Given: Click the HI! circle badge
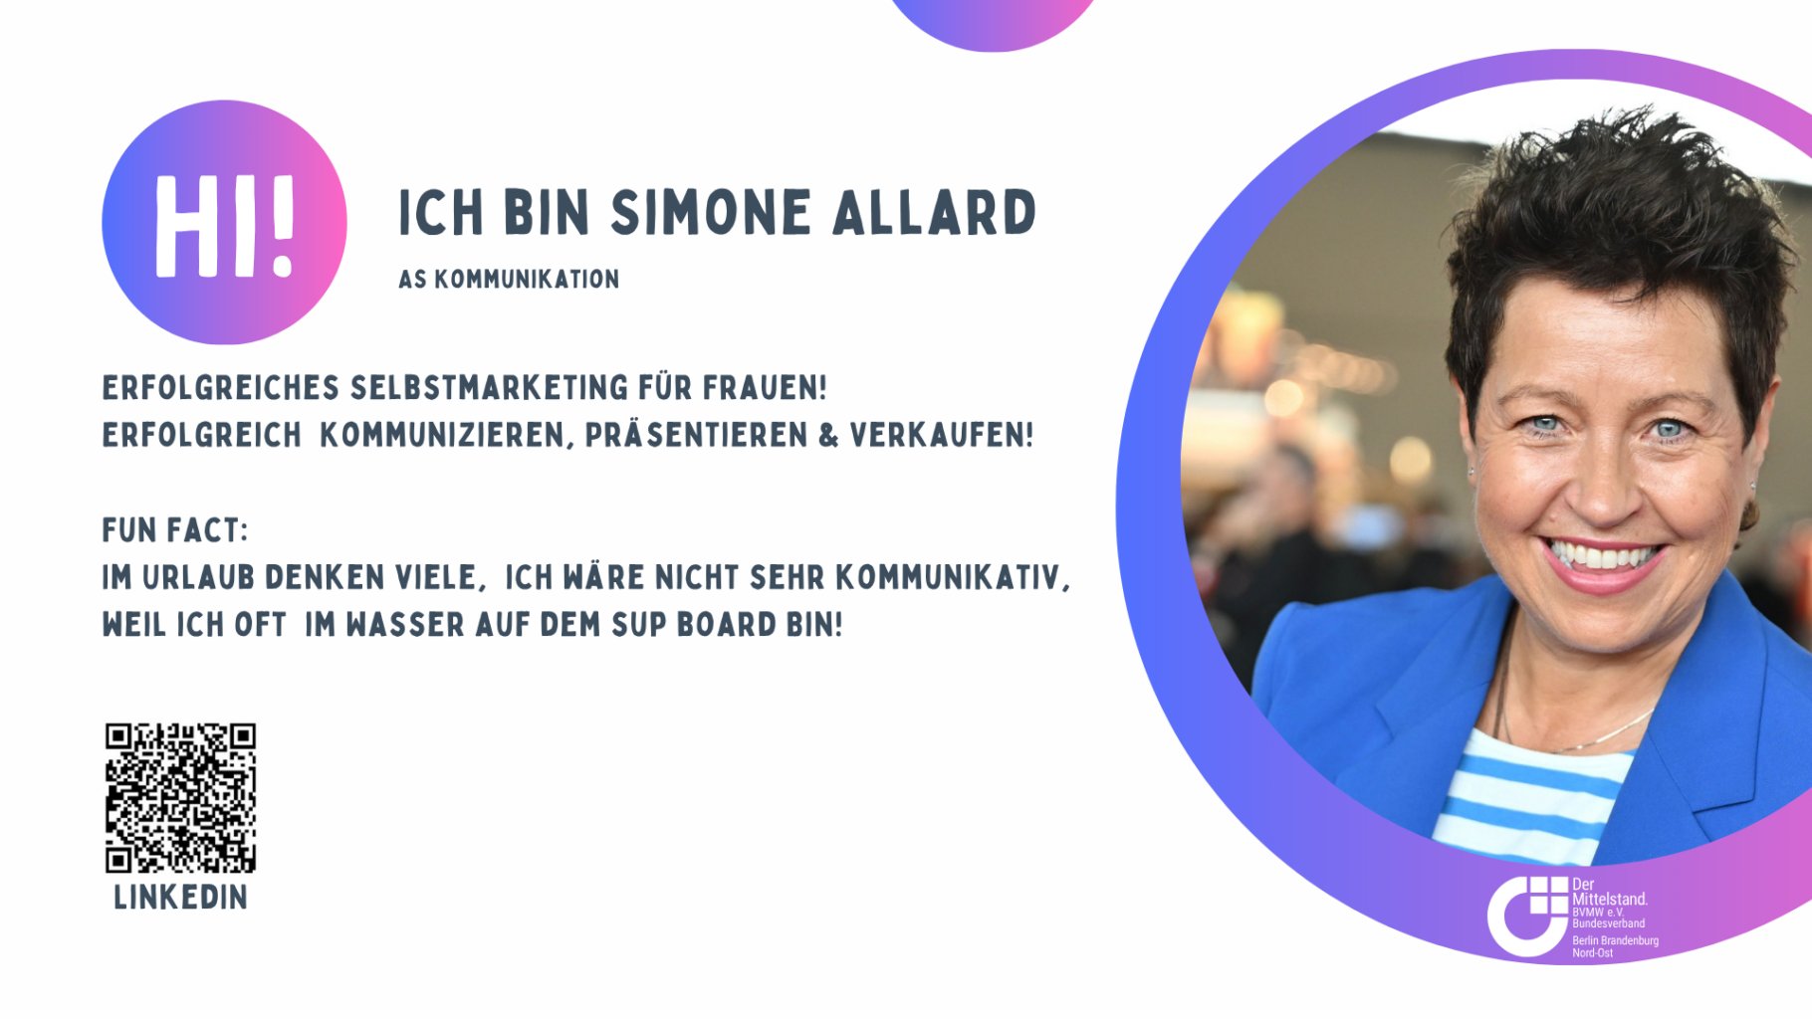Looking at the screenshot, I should tap(224, 222).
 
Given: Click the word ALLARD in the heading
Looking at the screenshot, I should tap(934, 213).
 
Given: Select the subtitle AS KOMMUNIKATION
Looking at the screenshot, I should tap(509, 280).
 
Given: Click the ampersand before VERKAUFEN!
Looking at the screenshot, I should tap(828, 436).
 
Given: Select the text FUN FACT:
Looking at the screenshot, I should tap(175, 530).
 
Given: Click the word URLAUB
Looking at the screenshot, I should tap(199, 578).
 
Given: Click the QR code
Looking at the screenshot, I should tap(180, 797).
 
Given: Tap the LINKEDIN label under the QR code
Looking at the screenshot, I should tap(180, 898).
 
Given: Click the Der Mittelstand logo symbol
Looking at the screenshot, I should tap(1527, 915).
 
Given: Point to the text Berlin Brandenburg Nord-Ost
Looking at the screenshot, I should tap(1615, 946).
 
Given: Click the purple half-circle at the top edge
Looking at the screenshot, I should tap(993, 22).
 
